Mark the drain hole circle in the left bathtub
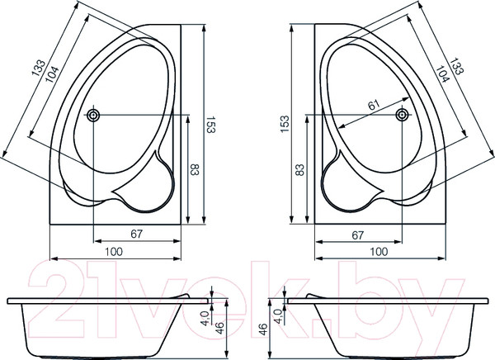tap(95, 115)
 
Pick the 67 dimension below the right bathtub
tap(358, 234)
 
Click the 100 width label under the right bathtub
tap(379, 251)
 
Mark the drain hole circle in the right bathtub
tap(402, 115)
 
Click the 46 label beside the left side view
tap(221, 328)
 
